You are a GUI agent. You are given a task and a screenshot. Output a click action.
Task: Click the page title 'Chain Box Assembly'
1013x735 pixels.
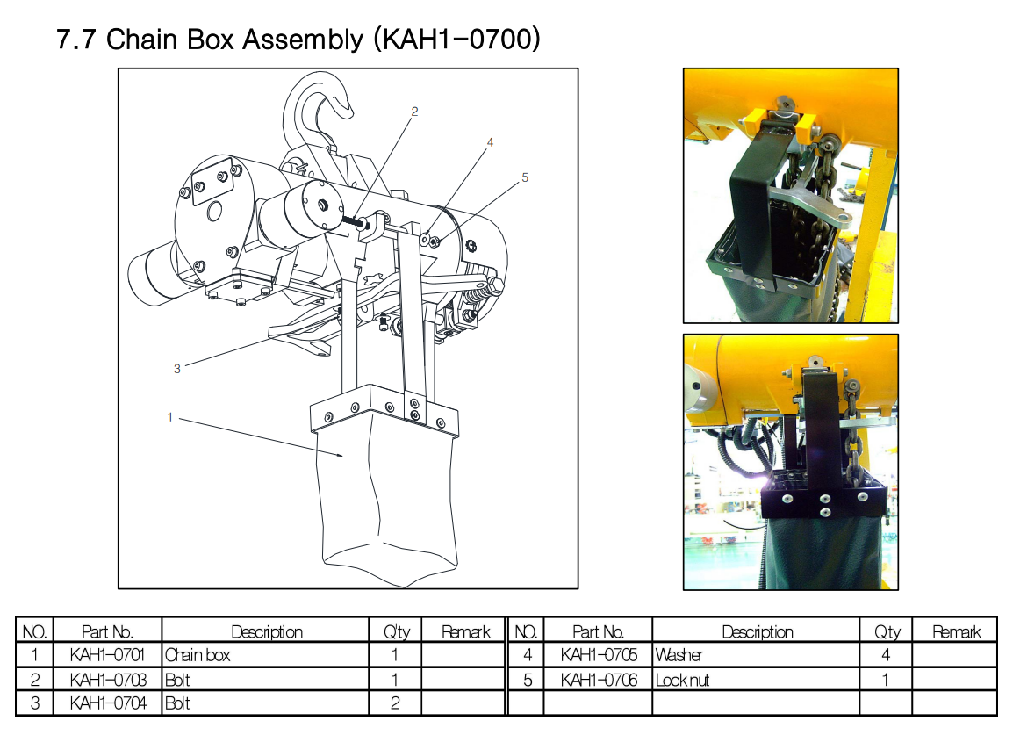tap(234, 40)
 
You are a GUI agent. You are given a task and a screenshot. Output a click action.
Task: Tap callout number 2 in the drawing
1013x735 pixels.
tap(414, 112)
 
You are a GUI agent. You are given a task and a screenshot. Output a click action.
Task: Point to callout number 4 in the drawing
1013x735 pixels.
tap(491, 142)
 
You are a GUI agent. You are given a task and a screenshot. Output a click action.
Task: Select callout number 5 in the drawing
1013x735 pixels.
tap(525, 177)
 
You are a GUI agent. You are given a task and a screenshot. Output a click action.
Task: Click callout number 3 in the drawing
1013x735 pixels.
tap(177, 369)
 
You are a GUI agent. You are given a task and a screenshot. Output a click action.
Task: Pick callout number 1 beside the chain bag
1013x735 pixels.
tap(170, 418)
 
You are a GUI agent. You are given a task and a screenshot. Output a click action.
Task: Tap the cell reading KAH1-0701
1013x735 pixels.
tap(107, 655)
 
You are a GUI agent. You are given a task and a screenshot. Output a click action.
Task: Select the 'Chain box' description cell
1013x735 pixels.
tap(198, 655)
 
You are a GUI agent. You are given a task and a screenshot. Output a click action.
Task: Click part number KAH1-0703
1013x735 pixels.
tap(108, 680)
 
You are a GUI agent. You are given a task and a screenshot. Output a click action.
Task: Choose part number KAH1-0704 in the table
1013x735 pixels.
tap(108, 703)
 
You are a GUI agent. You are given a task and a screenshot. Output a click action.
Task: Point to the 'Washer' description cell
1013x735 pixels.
tap(679, 655)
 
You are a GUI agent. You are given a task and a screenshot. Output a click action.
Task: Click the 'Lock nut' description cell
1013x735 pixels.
tap(682, 680)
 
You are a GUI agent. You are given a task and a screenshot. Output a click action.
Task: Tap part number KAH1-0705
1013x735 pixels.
tap(599, 655)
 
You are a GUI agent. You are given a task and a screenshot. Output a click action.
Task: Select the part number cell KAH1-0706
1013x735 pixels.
tap(599, 680)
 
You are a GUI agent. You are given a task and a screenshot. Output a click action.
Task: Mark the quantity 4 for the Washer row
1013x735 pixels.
tap(886, 655)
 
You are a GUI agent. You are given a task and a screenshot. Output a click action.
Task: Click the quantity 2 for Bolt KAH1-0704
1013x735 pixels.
tap(395, 703)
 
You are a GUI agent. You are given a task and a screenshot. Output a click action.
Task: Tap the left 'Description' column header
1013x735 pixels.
tap(267, 631)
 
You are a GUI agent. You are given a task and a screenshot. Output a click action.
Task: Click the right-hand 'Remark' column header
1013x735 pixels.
tap(956, 631)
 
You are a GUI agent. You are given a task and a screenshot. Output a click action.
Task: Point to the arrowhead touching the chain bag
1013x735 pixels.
tap(339, 455)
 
